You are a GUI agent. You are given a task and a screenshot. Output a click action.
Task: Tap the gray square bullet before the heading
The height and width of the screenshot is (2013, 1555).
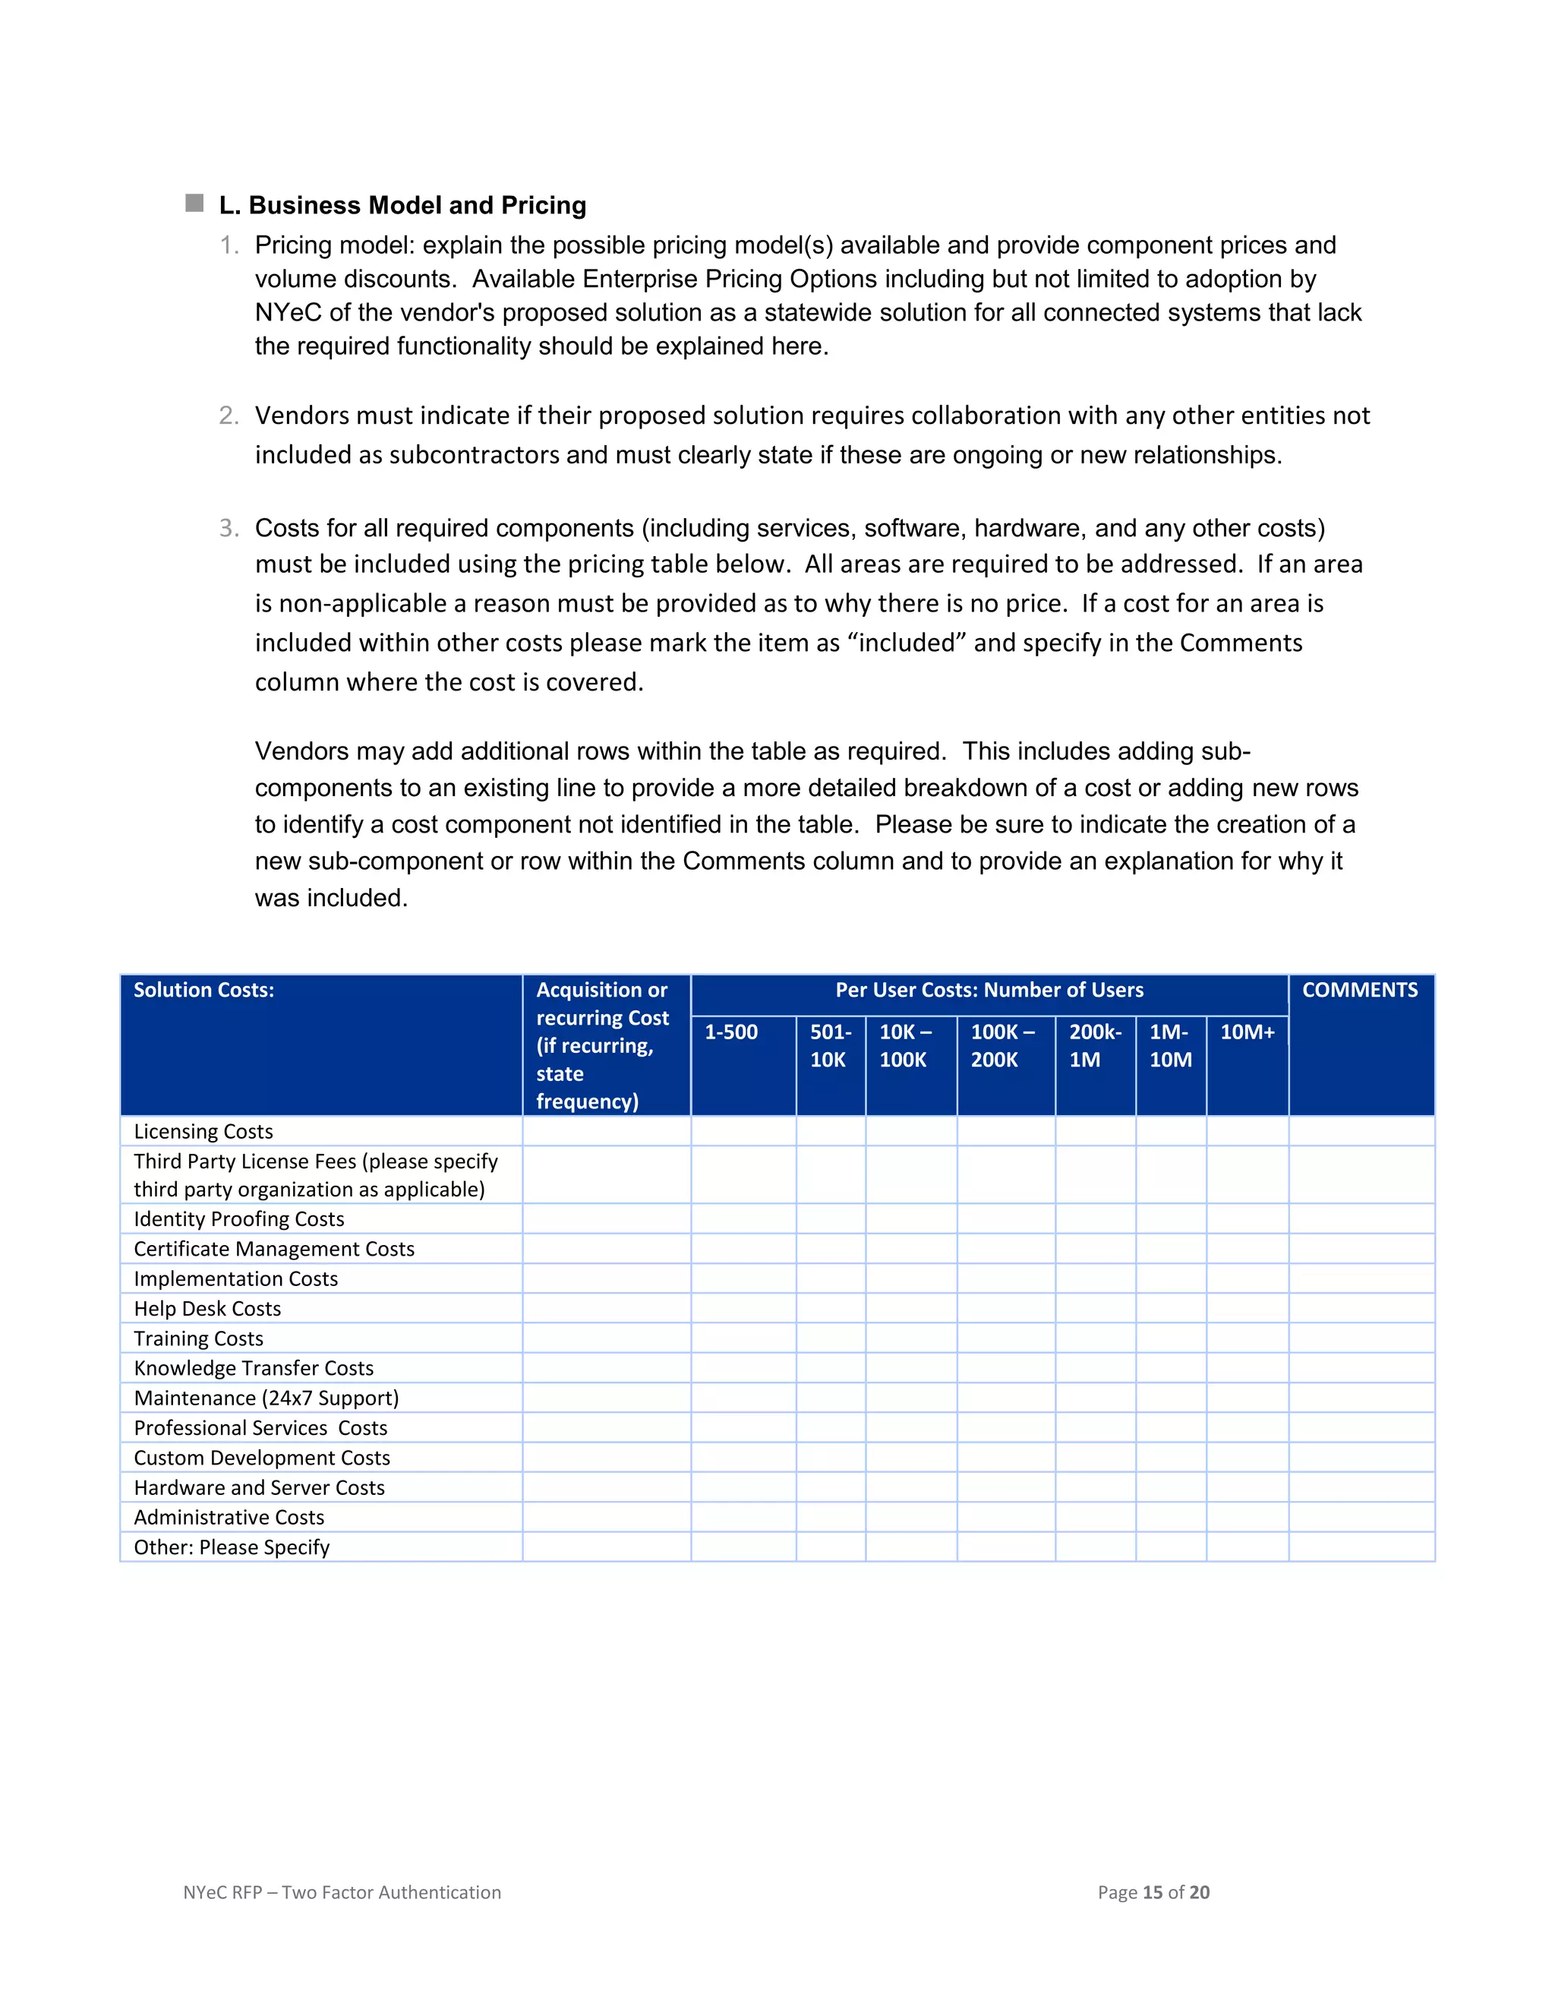194,203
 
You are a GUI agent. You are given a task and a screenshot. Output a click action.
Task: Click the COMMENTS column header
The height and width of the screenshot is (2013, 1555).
1360,990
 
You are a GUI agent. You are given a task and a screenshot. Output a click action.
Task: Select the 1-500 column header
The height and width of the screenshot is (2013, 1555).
731,1032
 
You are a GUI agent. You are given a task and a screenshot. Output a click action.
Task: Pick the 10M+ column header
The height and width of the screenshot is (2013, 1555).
1247,1032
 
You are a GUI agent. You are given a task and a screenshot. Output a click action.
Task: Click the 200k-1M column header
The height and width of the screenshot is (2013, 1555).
1094,1045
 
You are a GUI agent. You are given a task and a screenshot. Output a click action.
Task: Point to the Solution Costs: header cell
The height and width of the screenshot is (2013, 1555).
203,990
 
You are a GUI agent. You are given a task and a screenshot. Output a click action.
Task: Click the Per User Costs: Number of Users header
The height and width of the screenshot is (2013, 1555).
989,990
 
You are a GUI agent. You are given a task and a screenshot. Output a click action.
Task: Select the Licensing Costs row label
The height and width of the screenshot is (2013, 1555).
203,1131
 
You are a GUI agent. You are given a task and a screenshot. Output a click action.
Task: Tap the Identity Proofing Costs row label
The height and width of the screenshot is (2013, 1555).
238,1218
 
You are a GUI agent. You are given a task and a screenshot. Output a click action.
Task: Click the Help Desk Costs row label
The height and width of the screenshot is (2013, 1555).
207,1308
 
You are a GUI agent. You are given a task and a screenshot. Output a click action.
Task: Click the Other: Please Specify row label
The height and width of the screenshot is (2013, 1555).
232,1547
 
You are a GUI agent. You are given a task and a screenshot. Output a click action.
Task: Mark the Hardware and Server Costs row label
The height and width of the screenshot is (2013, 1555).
259,1487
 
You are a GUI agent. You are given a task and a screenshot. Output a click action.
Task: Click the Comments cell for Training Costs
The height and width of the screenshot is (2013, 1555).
1361,1338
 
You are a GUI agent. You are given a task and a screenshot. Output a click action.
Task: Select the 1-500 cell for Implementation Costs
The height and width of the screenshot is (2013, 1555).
743,1278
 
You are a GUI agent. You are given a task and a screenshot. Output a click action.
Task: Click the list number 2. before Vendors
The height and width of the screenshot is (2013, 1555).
229,416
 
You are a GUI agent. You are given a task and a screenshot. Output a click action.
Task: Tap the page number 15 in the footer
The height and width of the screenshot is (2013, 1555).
1152,1892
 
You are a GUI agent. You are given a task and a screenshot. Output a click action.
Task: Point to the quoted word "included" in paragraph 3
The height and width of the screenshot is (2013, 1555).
907,643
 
